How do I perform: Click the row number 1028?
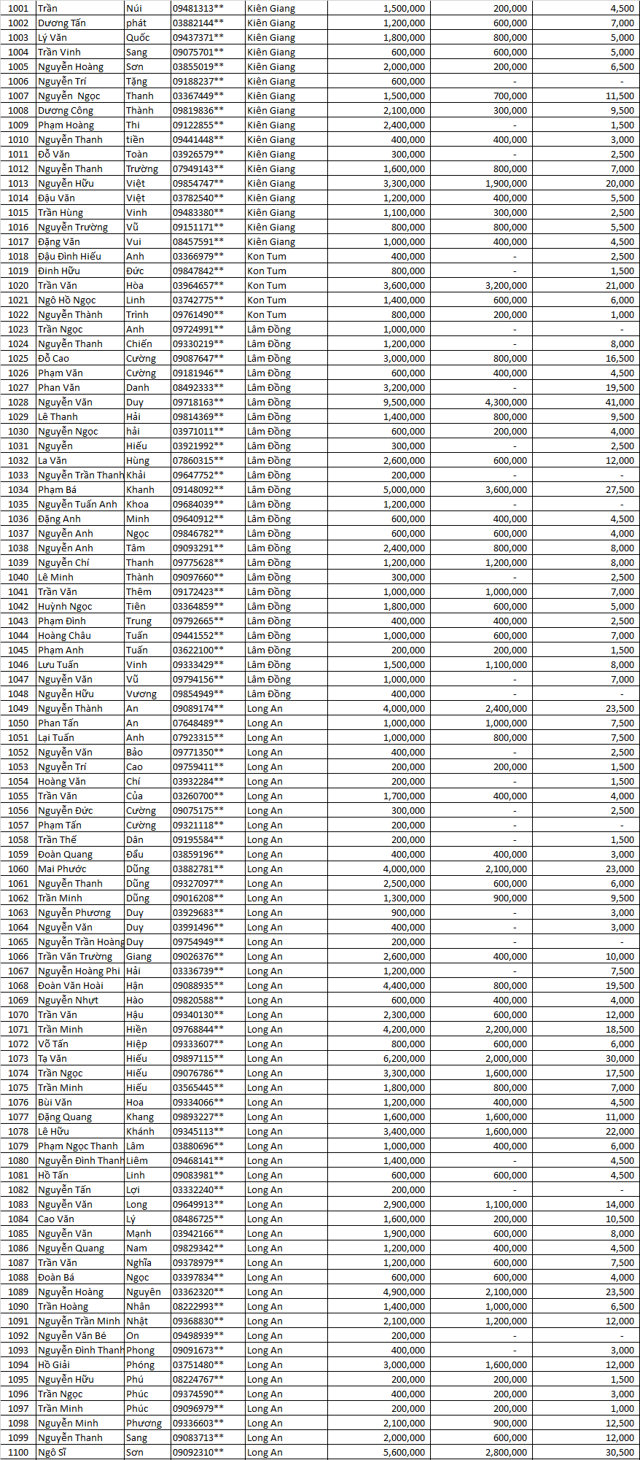18,402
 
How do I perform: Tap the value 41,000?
620,402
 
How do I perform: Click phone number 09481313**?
198,8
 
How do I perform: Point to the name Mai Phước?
62,869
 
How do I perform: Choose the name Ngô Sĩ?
52,1452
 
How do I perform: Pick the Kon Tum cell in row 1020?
267,285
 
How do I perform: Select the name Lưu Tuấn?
58,664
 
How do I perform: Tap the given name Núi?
134,8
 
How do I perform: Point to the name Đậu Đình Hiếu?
70,256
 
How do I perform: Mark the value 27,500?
620,489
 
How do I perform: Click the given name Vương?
141,694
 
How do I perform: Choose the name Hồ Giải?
54,1364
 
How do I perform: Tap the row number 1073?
18,1058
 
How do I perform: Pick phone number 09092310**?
198,1452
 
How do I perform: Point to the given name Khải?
136,475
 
